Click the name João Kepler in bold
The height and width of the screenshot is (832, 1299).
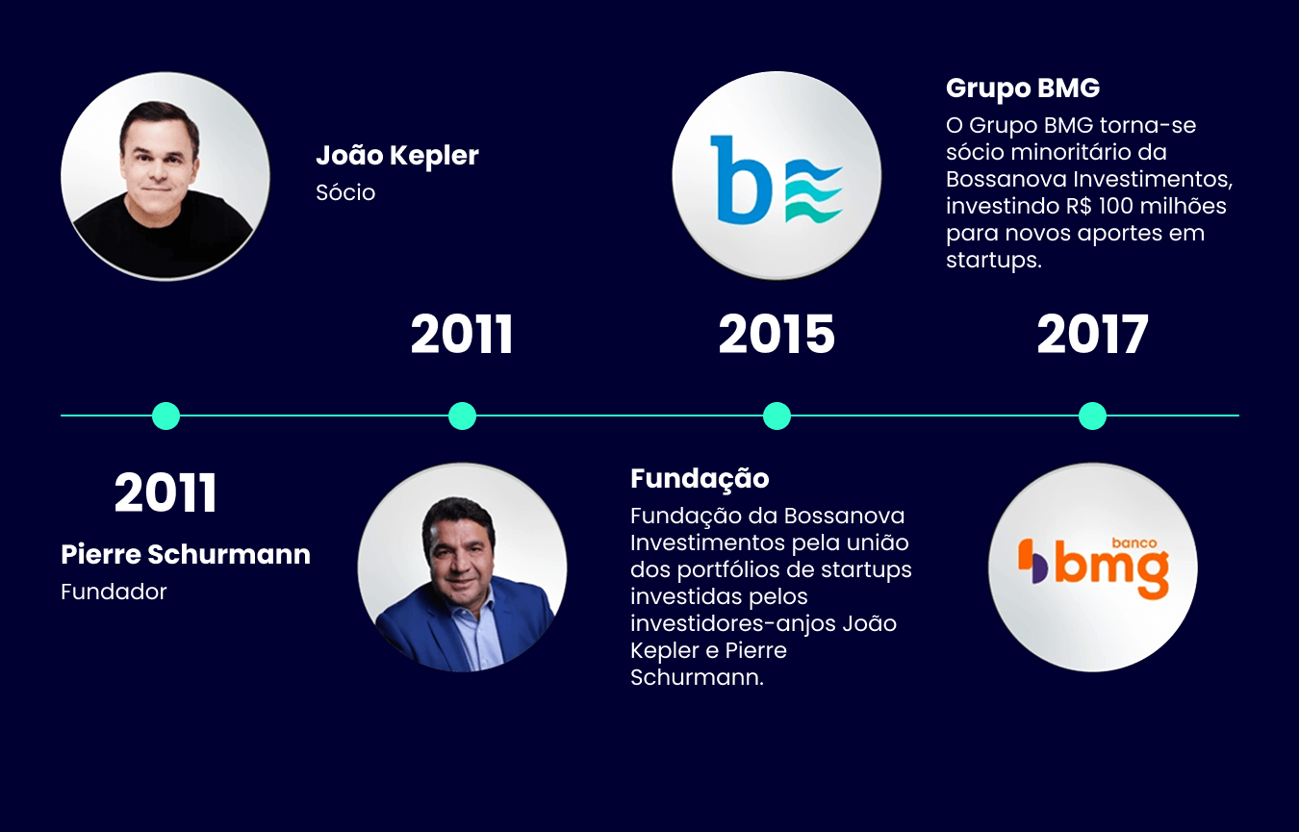click(396, 156)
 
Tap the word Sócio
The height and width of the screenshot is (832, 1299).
click(345, 192)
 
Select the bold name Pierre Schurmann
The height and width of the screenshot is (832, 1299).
click(186, 555)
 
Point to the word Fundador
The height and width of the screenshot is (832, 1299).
click(114, 592)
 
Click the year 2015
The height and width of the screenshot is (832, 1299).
click(777, 336)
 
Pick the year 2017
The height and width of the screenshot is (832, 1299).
click(1092, 336)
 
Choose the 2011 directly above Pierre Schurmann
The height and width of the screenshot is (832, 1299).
click(166, 493)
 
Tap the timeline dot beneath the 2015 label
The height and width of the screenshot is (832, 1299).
click(777, 416)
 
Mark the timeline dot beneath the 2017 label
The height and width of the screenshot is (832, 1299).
click(1092, 416)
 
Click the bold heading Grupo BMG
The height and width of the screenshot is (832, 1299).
click(1023, 88)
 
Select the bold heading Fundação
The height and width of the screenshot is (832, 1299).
click(700, 478)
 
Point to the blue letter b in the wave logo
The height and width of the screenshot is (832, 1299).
click(739, 179)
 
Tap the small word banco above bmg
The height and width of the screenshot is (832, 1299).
click(1133, 542)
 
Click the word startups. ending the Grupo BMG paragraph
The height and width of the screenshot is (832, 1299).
click(994, 261)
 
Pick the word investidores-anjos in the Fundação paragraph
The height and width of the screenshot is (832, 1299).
click(732, 623)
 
